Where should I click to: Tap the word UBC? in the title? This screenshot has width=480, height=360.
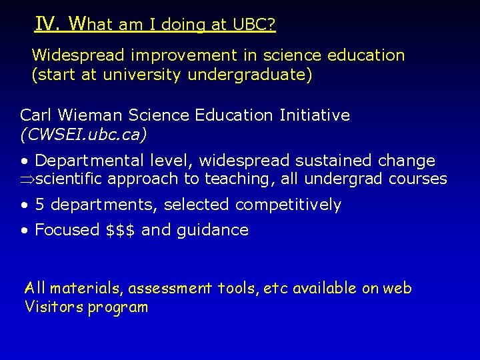[254, 25]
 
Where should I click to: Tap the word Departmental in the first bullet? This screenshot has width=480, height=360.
[85, 161]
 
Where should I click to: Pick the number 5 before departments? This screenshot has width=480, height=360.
[40, 205]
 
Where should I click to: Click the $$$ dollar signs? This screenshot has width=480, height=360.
[121, 231]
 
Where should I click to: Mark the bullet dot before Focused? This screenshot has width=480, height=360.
[24, 231]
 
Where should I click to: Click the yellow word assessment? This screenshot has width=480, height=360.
[169, 289]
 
